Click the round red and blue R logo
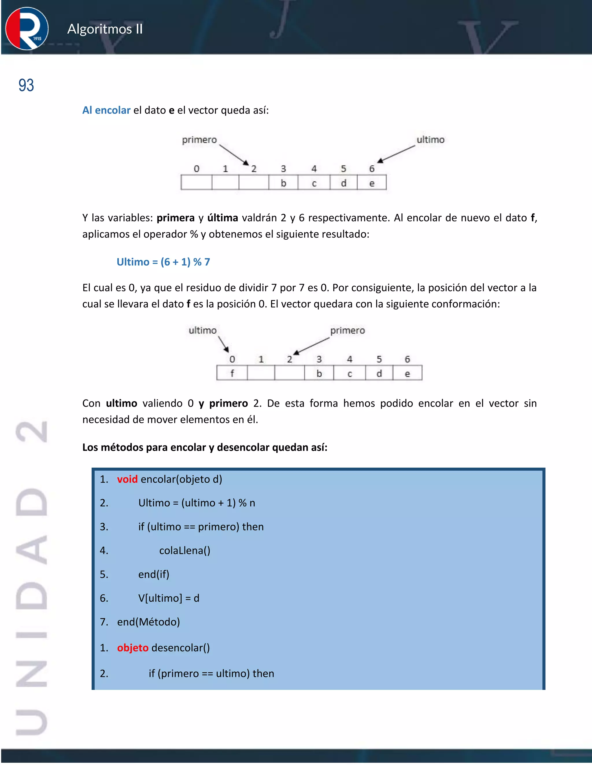pos(27,29)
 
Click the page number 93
pos(26,85)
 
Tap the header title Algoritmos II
pos(105,29)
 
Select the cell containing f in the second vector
pos(232,373)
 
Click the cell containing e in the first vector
pos(372,183)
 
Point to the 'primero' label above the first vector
pos(199,140)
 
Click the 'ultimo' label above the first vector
pos(430,140)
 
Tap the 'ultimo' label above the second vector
pos(202,331)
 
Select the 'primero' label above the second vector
pos(347,331)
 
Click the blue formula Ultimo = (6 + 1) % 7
pos(163,262)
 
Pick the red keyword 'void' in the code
pos(127,479)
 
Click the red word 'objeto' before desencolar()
pos(133,648)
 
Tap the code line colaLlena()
pos(184,551)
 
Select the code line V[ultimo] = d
pos(169,598)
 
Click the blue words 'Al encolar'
pos(106,110)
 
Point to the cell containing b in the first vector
pos(283,183)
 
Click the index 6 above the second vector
pos(407,359)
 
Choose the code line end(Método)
pos(148,622)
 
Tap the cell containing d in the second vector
pos(379,373)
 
